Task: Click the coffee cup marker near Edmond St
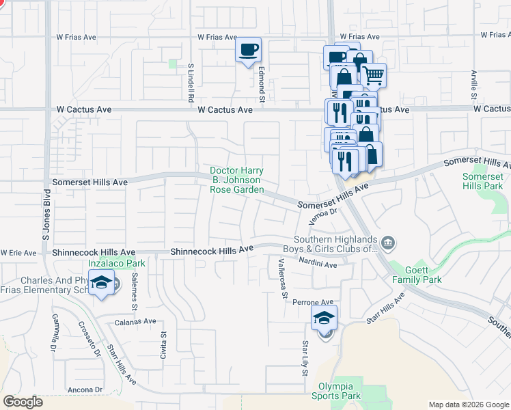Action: click(x=248, y=50)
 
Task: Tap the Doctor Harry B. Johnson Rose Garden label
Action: click(x=236, y=180)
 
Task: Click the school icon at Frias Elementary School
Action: click(x=102, y=284)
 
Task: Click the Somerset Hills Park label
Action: click(x=483, y=181)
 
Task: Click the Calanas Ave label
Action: click(x=135, y=321)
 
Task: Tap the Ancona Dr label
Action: click(x=85, y=389)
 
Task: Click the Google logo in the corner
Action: click(x=23, y=402)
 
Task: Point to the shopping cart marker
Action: click(x=373, y=75)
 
